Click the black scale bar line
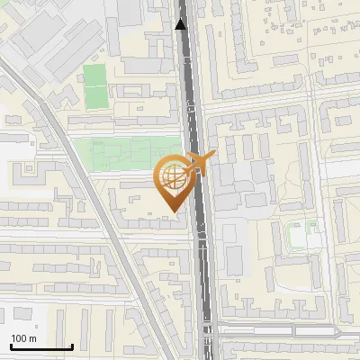[x=41, y=347]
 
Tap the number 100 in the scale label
[x=19, y=338]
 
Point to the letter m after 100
[x=32, y=338]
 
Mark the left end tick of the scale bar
[x=10, y=346]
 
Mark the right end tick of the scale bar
[x=73, y=346]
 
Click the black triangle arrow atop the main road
[x=182, y=24]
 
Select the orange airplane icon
[x=200, y=162]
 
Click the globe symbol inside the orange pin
[x=174, y=177]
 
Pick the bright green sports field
[x=94, y=81]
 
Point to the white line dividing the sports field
[x=94, y=84]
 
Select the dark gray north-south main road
[x=199, y=270]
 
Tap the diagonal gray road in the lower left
[x=126, y=261]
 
